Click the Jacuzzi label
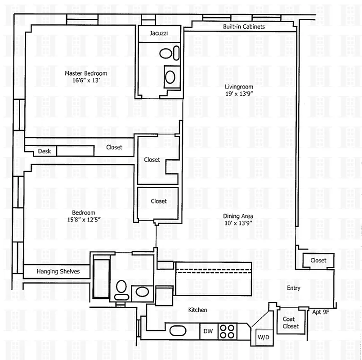159,33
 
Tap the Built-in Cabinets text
244,27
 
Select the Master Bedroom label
86,73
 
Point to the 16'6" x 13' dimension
86,81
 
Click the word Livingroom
239,86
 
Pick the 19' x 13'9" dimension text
239,94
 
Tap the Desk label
44,151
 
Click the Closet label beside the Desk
114,147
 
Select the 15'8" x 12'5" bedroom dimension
83,220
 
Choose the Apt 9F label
321,311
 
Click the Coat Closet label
290,323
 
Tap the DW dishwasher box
208,331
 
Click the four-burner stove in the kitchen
227,331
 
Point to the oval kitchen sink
178,331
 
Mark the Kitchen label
197,310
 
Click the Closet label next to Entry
318,261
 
